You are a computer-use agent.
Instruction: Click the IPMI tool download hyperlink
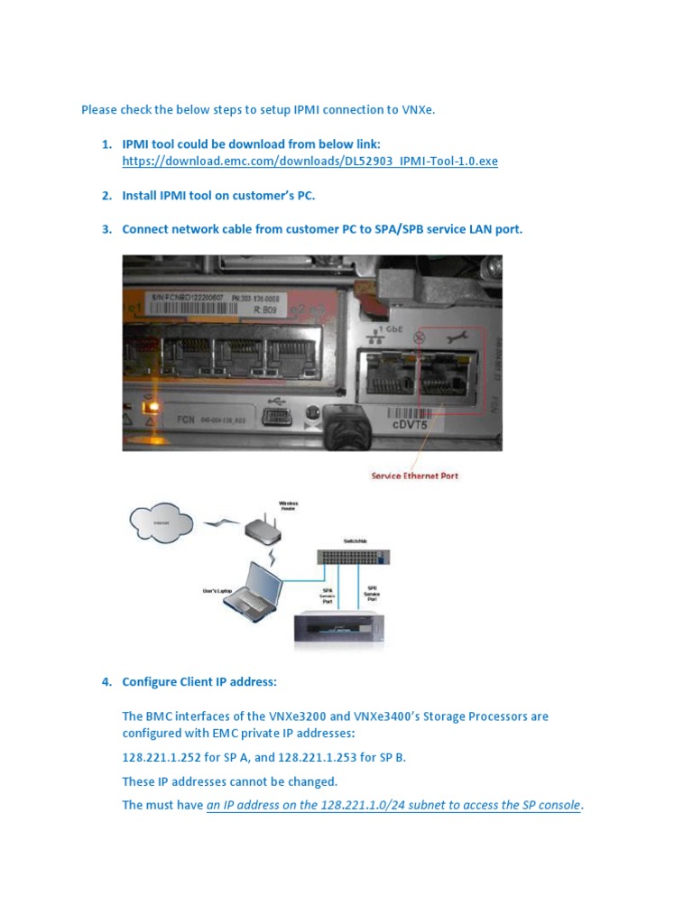coord(310,162)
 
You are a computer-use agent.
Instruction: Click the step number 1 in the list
coord(106,144)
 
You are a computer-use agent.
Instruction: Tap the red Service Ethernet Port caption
coord(414,476)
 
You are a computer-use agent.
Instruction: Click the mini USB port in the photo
coord(274,416)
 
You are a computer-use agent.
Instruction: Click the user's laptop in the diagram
coord(252,589)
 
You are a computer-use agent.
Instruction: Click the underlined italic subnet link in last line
coord(393,805)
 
